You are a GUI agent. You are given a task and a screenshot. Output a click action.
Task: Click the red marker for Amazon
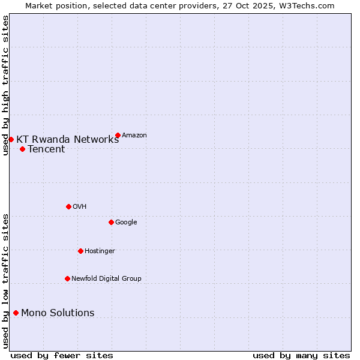118,135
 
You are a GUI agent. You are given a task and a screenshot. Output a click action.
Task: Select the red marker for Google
111,222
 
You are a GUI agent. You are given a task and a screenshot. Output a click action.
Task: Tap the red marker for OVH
68,206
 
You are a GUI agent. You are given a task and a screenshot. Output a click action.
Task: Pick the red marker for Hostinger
80,251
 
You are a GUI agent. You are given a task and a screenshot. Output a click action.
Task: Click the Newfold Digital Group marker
67,278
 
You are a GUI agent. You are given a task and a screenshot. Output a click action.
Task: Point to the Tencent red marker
22,149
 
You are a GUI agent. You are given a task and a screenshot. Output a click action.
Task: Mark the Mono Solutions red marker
16,313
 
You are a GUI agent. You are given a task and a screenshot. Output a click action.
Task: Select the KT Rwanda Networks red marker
11,139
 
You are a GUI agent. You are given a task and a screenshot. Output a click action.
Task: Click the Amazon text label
134,136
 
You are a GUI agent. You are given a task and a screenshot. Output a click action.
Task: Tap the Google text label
126,223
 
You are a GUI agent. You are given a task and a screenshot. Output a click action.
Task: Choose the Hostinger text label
100,251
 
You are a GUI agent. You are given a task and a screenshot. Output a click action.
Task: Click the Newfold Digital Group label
106,279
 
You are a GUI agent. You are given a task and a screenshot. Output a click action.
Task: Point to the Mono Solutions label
58,313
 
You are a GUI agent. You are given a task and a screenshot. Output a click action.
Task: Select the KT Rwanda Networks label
67,140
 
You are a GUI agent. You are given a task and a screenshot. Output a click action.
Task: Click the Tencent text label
46,149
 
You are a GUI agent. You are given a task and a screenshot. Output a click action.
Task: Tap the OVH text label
80,207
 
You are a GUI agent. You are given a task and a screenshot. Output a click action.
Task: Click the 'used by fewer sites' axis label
62,356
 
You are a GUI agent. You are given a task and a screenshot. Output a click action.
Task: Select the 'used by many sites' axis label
301,356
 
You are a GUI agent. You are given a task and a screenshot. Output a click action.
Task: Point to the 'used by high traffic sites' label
5,85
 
